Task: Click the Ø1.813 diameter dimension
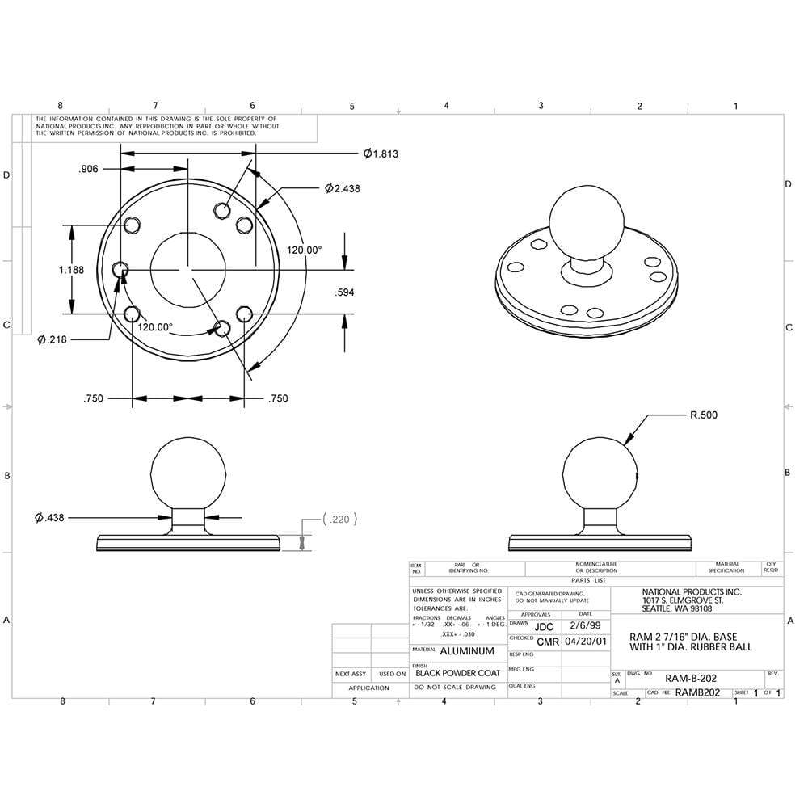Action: click(381, 153)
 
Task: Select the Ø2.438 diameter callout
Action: click(343, 187)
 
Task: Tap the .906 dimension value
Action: click(89, 169)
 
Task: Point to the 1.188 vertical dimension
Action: click(71, 270)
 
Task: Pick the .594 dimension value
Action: click(345, 292)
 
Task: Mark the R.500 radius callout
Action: click(703, 415)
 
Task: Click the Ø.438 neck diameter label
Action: click(50, 517)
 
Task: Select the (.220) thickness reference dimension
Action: click(339, 520)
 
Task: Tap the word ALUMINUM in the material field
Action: click(467, 651)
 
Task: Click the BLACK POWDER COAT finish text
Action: click(457, 672)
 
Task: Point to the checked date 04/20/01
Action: click(585, 642)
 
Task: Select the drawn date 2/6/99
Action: click(585, 625)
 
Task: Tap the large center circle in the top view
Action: click(187, 270)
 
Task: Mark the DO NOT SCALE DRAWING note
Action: click(455, 687)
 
